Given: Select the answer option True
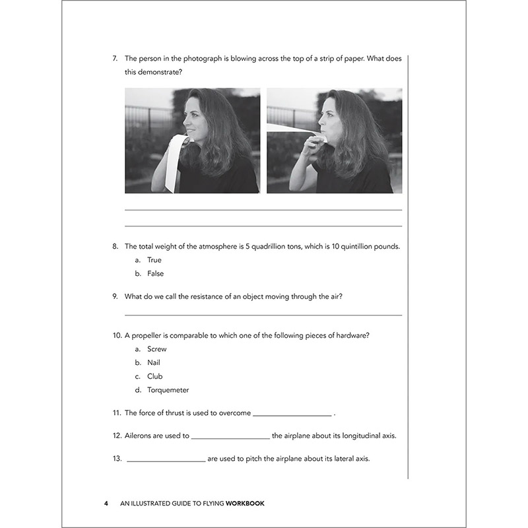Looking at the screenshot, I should (x=154, y=260).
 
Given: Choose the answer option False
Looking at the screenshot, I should (x=155, y=273).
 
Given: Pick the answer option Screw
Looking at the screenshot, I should (x=157, y=349).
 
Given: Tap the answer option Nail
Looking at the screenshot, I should (x=154, y=363).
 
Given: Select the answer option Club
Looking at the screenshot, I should (x=154, y=376).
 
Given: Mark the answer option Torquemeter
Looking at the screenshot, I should (x=168, y=390).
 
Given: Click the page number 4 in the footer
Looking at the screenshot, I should (x=106, y=504).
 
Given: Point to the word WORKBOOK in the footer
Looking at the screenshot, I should (x=245, y=504).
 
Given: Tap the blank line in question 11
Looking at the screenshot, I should (x=292, y=415).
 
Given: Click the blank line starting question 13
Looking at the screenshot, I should (x=165, y=461).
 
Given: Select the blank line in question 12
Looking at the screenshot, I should (x=230, y=438).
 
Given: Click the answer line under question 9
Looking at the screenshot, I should (x=263, y=315).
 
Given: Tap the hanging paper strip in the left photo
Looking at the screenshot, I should (x=171, y=162).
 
